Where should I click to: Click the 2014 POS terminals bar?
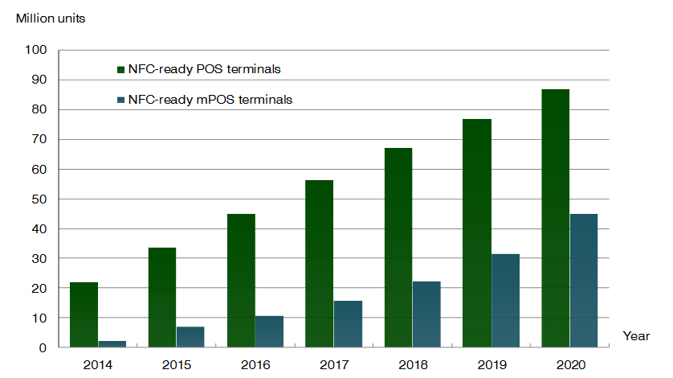84,314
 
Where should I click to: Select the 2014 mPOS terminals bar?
112,344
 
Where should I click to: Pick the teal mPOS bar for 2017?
348,324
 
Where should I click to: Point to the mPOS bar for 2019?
505,301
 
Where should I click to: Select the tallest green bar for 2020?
555,218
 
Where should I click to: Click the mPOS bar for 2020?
584,281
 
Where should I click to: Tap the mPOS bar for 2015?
190,337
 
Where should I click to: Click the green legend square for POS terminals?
120,69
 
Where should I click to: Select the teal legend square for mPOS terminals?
120,101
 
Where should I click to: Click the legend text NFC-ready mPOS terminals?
210,101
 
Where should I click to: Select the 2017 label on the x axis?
333,364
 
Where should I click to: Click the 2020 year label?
569,364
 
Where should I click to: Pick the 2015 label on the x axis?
176,364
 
